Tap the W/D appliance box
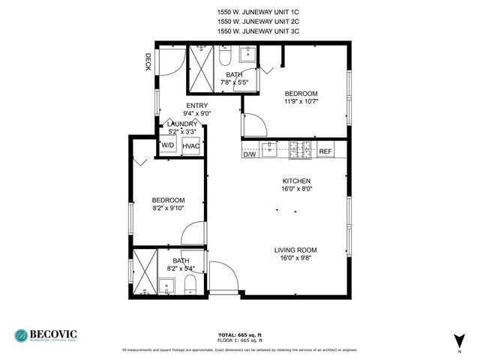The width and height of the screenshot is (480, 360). [x=168, y=146]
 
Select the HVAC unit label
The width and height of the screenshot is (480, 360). [x=191, y=146]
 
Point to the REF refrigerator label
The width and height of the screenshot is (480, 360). [x=325, y=152]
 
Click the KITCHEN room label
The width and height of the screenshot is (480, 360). [x=296, y=181]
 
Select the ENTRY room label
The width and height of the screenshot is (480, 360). [x=197, y=106]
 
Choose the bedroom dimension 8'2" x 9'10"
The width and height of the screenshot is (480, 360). [x=168, y=208]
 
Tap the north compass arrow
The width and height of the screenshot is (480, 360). [x=457, y=339]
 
